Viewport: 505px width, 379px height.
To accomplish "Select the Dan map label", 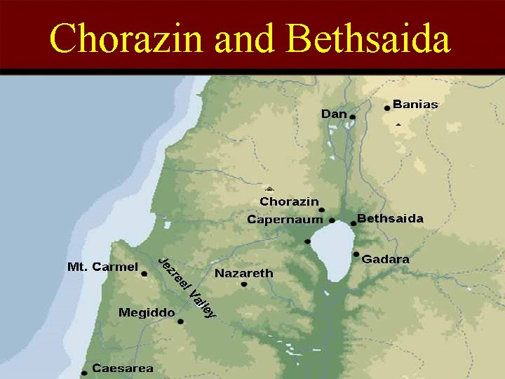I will coord(334,113).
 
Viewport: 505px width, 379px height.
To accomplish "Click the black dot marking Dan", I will coord(353,117).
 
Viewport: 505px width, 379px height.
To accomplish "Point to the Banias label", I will coord(415,105).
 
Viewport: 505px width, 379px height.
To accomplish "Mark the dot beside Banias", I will coord(387,108).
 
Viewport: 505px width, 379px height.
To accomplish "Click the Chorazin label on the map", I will coord(289,201).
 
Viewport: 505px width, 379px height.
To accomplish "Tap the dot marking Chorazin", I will coord(322,210).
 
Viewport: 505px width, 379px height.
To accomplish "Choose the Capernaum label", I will coord(285,220).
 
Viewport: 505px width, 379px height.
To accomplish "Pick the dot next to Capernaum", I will coord(332,220).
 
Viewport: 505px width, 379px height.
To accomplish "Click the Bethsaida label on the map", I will coord(390,218).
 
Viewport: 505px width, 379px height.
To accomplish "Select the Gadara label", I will coord(385,259).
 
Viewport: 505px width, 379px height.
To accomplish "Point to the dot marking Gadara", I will coord(356,254).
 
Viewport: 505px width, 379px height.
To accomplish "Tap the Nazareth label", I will coord(243,273).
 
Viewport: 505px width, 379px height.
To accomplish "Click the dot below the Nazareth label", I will coord(244,284).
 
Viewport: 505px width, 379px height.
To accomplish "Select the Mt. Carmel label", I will coord(102,267).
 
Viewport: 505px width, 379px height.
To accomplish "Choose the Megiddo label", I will coord(147,312).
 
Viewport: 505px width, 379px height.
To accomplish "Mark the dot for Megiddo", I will coord(180,321).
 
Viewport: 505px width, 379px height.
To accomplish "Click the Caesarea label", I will coord(123,368).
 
